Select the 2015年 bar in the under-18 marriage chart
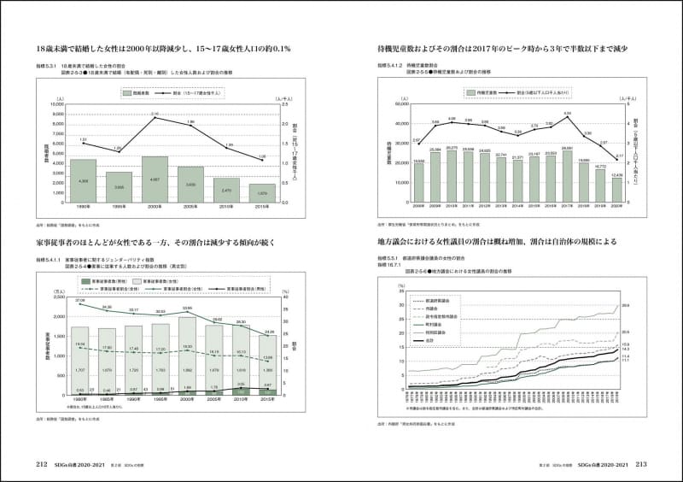(x=262, y=191)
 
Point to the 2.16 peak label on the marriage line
(x=155, y=113)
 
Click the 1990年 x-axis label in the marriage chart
(x=84, y=207)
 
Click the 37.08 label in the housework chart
(x=79, y=301)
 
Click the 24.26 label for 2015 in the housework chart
(x=268, y=332)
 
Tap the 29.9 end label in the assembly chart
(x=649, y=305)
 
